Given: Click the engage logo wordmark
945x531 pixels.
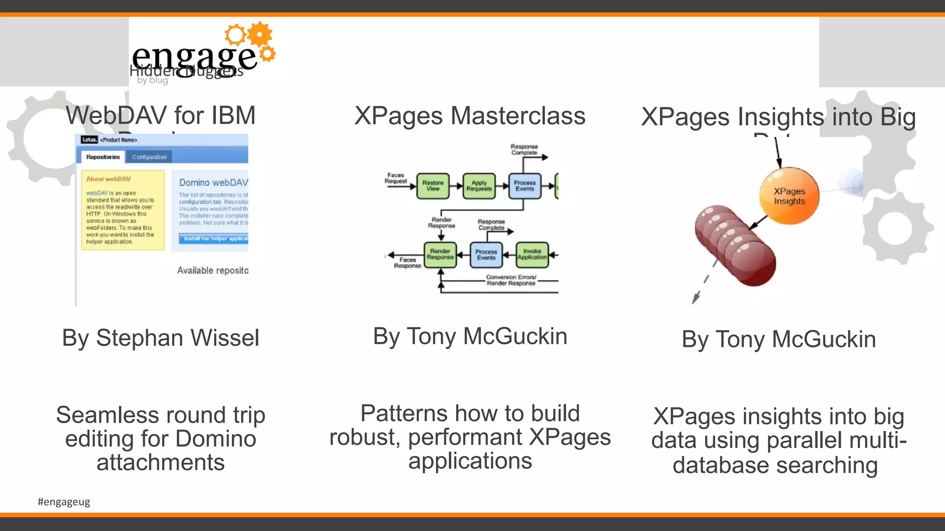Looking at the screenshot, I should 194,58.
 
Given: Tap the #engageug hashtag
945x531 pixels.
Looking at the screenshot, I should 64,501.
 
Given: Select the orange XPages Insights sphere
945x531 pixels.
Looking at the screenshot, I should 789,196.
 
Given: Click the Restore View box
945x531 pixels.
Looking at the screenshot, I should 433,186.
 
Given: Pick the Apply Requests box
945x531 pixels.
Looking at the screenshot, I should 479,186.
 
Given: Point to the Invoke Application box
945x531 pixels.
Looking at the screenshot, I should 532,254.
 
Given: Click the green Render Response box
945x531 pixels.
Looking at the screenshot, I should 440,254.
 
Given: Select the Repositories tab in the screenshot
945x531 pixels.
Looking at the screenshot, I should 103,157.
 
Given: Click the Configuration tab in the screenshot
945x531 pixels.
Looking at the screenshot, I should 149,157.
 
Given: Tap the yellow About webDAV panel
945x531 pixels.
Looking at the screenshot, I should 123,210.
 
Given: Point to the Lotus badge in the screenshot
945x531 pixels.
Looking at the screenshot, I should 90,140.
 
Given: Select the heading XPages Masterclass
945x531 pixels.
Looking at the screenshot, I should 470,116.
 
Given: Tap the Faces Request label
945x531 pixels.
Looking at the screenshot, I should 396,178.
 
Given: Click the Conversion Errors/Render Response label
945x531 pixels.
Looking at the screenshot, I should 511,280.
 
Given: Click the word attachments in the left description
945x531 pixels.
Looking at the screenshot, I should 161,462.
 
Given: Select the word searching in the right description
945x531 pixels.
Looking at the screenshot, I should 826,466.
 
